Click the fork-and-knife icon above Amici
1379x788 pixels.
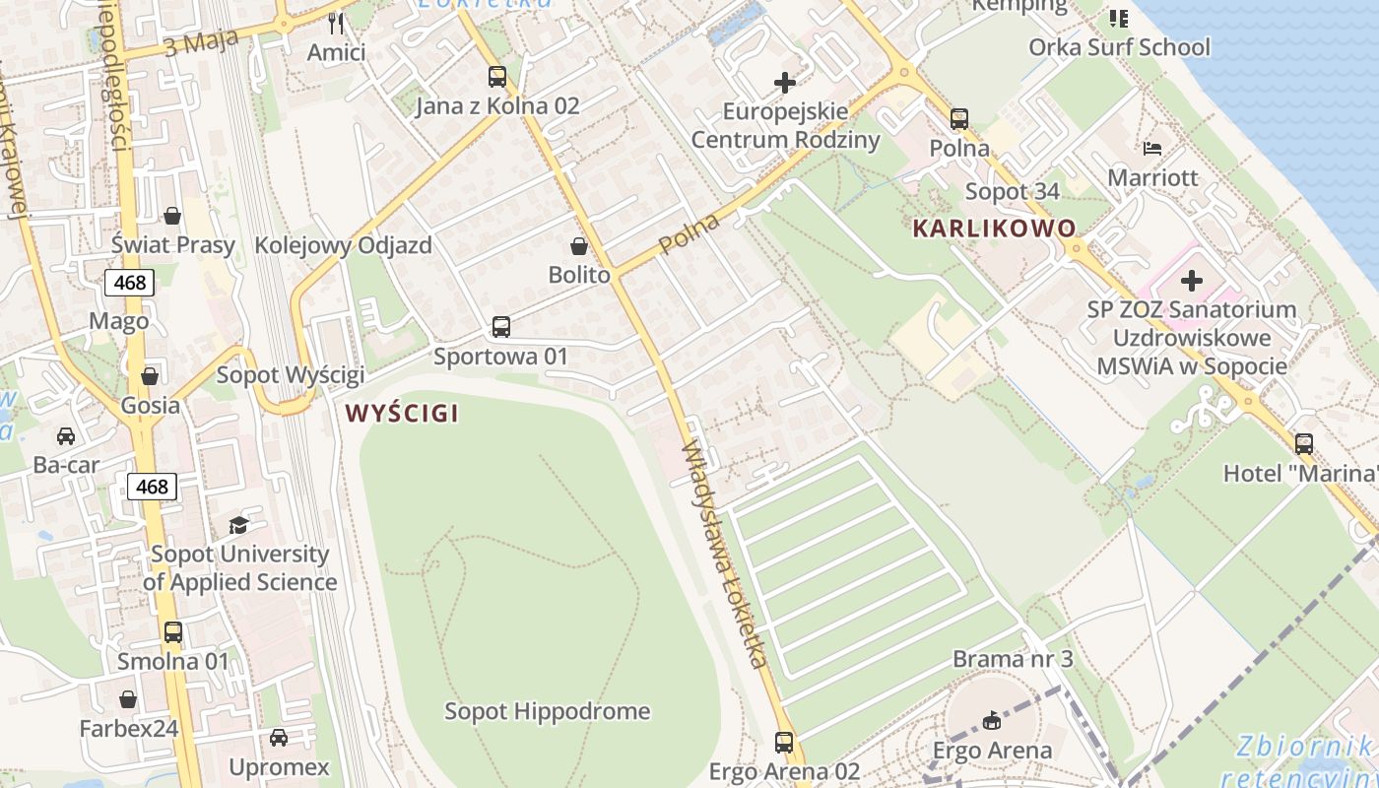337,23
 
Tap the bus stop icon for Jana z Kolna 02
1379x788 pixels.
497,76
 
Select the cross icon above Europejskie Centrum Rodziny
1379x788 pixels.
785,83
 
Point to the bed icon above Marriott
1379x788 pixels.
1152,149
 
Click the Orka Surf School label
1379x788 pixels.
1119,47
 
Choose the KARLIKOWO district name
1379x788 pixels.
994,229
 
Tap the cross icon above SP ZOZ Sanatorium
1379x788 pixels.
1192,281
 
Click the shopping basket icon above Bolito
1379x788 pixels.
579,246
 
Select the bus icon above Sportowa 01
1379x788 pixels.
500,326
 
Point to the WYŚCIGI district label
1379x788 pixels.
402,414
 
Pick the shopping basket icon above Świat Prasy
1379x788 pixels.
172,216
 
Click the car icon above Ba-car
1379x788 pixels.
66,435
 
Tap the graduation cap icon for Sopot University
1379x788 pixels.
238,525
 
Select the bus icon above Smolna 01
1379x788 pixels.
173,631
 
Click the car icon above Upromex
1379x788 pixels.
279,737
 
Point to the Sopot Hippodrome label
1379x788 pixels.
547,711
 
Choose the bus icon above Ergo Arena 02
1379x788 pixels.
784,742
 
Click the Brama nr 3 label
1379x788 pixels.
1013,659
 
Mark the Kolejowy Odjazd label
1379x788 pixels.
343,245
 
